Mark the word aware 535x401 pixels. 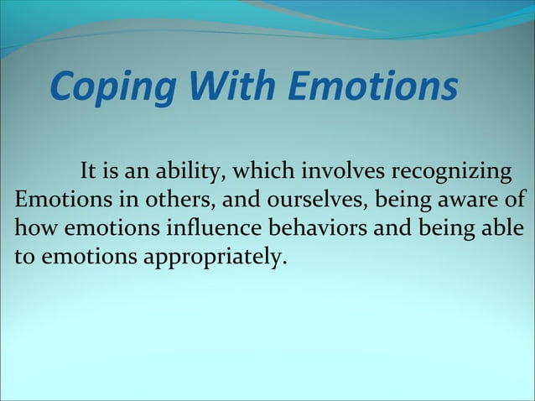470,201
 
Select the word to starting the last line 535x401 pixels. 24,257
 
